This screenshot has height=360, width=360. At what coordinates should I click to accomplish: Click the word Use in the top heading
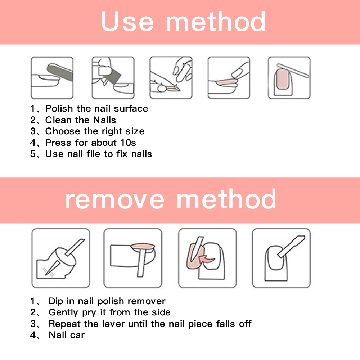point(127,22)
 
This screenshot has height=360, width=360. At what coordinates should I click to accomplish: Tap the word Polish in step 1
point(59,108)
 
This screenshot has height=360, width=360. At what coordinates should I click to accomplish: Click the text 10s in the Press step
point(128,143)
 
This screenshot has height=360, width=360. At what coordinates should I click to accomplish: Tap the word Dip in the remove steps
point(56,301)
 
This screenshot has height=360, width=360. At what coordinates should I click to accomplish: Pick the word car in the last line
point(77,335)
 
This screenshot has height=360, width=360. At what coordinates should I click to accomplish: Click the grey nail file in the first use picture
point(60,72)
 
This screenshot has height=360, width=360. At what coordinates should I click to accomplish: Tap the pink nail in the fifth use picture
point(282,79)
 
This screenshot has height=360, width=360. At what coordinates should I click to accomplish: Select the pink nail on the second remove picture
point(143,247)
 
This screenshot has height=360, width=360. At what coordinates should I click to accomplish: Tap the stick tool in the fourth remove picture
point(291,247)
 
